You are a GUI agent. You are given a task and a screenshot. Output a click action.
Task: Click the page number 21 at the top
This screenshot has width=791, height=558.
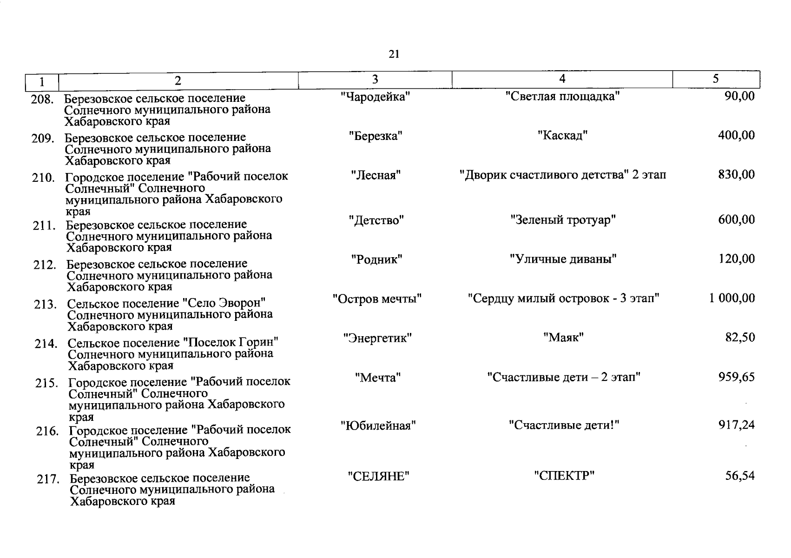point(394,54)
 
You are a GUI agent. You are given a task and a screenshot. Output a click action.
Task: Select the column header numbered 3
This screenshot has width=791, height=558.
point(375,80)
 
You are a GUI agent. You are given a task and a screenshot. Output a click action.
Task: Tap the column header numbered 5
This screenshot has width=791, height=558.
point(716,79)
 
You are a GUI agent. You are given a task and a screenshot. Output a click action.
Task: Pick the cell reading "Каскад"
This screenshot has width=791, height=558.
point(563,136)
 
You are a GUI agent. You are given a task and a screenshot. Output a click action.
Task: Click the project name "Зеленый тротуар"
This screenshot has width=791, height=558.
point(563,219)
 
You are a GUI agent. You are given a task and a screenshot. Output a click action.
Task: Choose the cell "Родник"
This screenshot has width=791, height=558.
point(376,259)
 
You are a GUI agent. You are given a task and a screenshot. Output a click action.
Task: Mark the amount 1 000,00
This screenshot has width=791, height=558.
point(732,298)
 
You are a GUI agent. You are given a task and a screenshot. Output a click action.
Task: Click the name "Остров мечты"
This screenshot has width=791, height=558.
point(377,299)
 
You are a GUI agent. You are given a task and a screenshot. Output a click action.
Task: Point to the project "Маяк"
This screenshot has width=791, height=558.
point(563,338)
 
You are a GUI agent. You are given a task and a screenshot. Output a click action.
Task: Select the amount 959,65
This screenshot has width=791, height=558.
point(737,377)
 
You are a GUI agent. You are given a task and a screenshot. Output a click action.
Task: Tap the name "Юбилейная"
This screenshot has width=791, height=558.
point(378,425)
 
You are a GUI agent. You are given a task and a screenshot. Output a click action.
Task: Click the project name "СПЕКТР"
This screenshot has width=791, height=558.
point(564,476)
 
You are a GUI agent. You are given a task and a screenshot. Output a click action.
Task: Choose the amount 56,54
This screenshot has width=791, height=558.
point(740,476)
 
